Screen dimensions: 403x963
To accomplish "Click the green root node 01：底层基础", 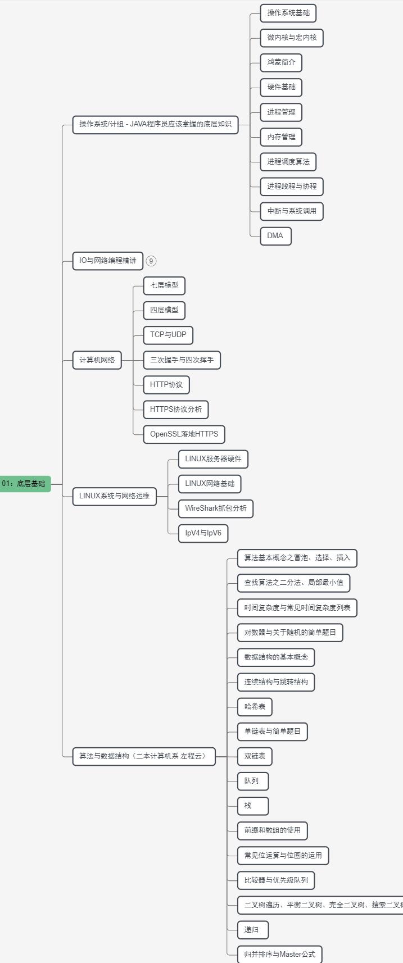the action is [x=25, y=484].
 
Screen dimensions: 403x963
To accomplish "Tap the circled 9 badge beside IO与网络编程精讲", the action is [x=151, y=261].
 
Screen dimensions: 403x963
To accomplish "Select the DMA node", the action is [x=275, y=236].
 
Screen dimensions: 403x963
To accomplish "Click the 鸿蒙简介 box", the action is [x=281, y=62].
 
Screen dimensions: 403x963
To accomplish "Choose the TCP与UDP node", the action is [x=168, y=335].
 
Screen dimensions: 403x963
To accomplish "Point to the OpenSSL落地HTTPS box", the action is [x=184, y=434].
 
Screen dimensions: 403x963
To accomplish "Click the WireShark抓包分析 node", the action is [x=216, y=508].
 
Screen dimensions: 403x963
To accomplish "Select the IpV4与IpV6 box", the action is [x=203, y=534].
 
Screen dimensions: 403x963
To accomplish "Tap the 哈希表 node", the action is [x=255, y=707].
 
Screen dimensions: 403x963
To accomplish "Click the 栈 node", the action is [x=253, y=806].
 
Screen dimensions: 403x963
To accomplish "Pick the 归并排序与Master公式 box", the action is [x=280, y=955].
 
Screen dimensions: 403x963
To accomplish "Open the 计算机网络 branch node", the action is [x=97, y=360].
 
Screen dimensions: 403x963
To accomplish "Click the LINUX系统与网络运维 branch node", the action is [x=115, y=496].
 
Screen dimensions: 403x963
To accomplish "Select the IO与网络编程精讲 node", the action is [x=108, y=261].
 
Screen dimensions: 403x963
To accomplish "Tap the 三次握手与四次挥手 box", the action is [x=182, y=360].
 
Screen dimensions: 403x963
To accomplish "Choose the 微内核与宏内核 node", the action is [x=292, y=38].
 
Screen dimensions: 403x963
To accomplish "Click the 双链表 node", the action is [x=255, y=756].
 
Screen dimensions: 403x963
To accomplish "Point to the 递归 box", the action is [x=253, y=930].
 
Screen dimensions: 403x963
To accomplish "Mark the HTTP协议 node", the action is [x=166, y=385].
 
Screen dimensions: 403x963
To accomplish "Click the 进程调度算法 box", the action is [x=288, y=162].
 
